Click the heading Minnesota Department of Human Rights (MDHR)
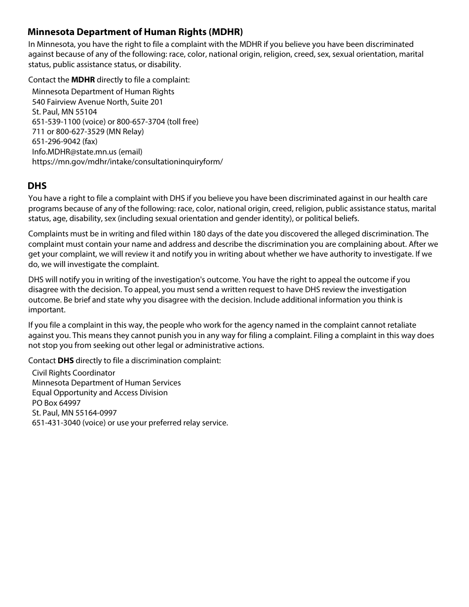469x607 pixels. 135,33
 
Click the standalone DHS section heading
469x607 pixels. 37,186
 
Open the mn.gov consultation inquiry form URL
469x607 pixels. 127,162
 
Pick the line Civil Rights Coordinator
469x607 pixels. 74,373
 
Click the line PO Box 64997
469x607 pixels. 56,403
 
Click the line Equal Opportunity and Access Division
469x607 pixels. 100,393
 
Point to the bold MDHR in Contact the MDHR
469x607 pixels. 83,80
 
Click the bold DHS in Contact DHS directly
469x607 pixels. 66,361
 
